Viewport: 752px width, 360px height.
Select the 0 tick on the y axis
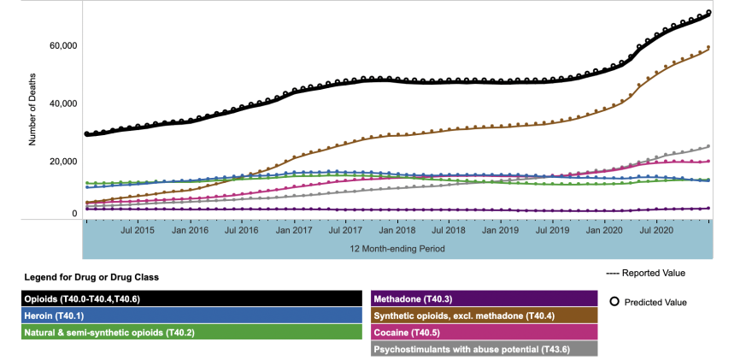coord(74,213)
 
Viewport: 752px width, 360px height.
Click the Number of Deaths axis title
coord(33,109)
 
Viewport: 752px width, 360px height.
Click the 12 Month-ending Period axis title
coord(397,249)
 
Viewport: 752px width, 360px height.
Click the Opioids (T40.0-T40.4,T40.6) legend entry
coord(193,298)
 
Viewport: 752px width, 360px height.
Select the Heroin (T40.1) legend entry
coord(193,315)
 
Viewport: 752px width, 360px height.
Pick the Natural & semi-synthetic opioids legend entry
coord(193,332)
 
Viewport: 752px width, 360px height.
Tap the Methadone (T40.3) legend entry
coord(484,298)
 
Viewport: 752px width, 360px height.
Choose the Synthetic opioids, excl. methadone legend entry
coord(484,315)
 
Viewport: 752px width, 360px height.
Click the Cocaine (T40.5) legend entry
coord(484,332)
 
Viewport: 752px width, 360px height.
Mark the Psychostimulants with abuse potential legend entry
coord(484,348)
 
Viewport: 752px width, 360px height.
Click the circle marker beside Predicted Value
coord(614,301)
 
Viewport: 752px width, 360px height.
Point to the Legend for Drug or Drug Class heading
coord(91,277)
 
